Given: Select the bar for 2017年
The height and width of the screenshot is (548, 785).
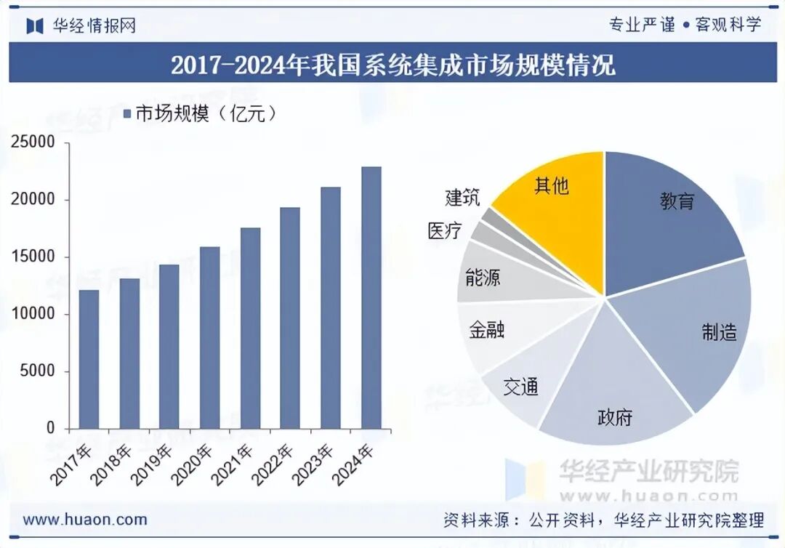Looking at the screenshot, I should pos(89,359).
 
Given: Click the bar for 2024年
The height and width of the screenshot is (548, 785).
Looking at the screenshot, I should pos(371,298).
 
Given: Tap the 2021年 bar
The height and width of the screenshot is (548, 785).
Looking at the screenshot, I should pos(250,329).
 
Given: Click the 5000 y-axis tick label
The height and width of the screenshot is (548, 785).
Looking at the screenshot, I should pos(38,371).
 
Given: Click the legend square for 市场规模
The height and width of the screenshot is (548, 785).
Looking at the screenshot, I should pos(126,114).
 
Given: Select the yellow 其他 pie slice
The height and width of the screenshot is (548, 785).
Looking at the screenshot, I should pos(560,211).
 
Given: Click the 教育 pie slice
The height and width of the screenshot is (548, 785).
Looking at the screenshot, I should pos(669,211).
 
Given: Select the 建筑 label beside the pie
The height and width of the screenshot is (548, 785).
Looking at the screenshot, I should pos(462,197).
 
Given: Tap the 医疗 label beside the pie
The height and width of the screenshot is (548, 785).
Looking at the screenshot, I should pos(444,231).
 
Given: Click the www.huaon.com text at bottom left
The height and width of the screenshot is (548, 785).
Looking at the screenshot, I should pos(85,520).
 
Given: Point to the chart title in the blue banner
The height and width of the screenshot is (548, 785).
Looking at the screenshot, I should pos(392,65).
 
